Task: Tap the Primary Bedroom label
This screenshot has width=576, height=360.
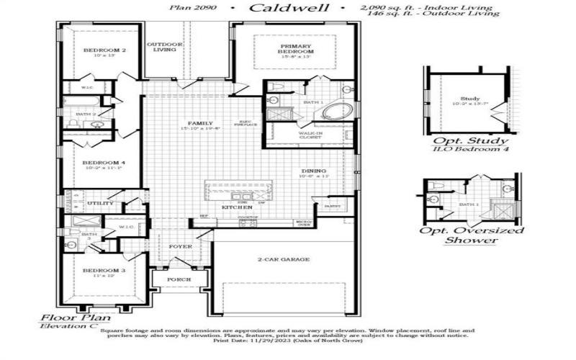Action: tap(297, 49)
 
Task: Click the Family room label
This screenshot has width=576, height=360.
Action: tap(195, 123)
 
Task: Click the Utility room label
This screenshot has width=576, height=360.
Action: tap(100, 204)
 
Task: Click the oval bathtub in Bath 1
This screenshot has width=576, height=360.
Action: tap(336, 112)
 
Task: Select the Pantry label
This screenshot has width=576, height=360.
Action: tap(332, 206)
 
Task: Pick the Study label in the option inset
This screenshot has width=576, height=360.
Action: tap(470, 99)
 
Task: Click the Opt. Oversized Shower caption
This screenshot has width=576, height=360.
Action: tap(472, 235)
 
